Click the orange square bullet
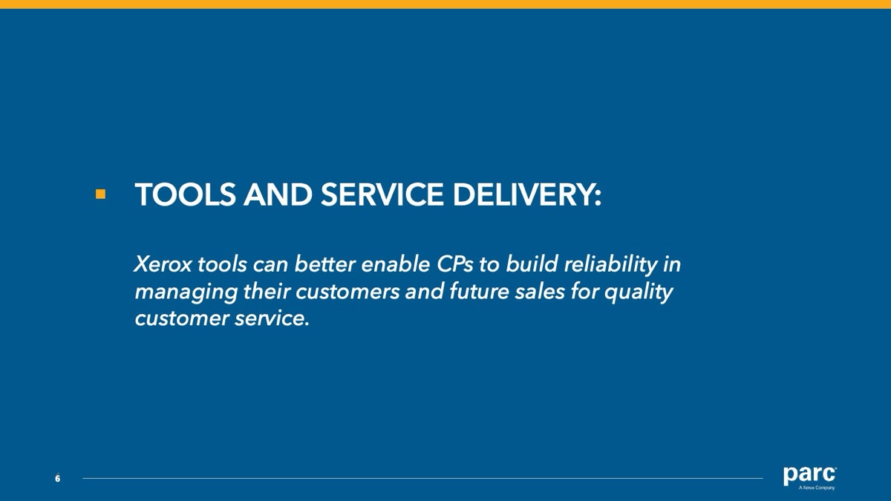pyautogui.click(x=101, y=194)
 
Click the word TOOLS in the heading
pyautogui.click(x=186, y=194)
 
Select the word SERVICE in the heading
pyautogui.click(x=382, y=194)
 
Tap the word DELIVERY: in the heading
pyautogui.click(x=527, y=194)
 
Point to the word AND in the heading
pyautogui.click(x=278, y=194)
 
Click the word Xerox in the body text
pyautogui.click(x=163, y=264)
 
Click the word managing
pyautogui.click(x=186, y=292)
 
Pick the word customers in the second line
pyautogui.click(x=347, y=292)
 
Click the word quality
pyautogui.click(x=639, y=292)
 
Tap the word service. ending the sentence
pyautogui.click(x=272, y=318)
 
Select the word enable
pyautogui.click(x=395, y=264)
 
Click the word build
pyautogui.click(x=532, y=264)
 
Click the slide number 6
pyautogui.click(x=58, y=479)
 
